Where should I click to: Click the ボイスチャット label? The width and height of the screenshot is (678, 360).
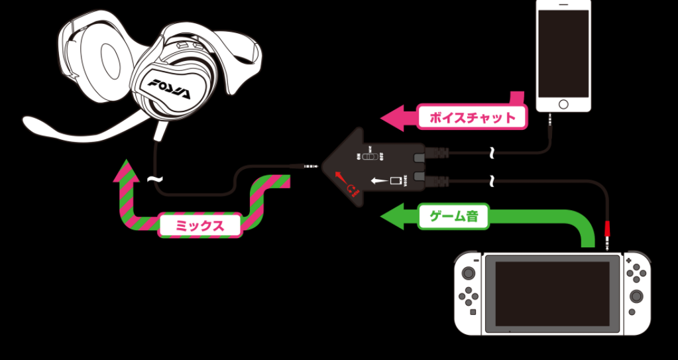tap(473, 118)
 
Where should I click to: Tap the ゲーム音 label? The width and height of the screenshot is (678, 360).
tap(454, 216)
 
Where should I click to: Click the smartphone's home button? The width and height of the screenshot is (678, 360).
tap(563, 104)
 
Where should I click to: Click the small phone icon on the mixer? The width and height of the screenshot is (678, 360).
tap(396, 180)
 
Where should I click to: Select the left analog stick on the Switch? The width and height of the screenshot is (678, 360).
tap(469, 273)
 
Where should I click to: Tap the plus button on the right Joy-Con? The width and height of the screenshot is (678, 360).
tap(629, 261)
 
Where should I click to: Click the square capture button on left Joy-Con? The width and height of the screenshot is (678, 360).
tap(473, 311)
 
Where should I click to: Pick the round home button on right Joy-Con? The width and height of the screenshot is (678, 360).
tap(632, 311)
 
